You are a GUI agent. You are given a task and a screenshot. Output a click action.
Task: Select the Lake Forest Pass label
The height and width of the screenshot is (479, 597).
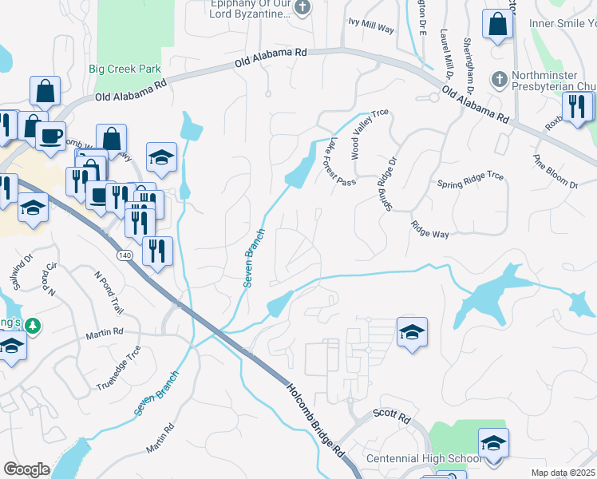coord(340,163)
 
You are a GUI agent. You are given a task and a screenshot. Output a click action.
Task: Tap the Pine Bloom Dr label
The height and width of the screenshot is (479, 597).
coord(555,170)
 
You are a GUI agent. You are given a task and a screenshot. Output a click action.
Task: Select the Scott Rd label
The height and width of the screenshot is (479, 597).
coord(391,417)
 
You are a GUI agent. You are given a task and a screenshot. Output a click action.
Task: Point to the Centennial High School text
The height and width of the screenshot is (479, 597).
coord(423,458)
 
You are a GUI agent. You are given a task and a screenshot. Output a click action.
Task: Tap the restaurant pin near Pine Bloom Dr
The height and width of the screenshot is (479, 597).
coord(576,106)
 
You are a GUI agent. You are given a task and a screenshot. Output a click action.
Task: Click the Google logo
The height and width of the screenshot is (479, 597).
coord(26,469)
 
